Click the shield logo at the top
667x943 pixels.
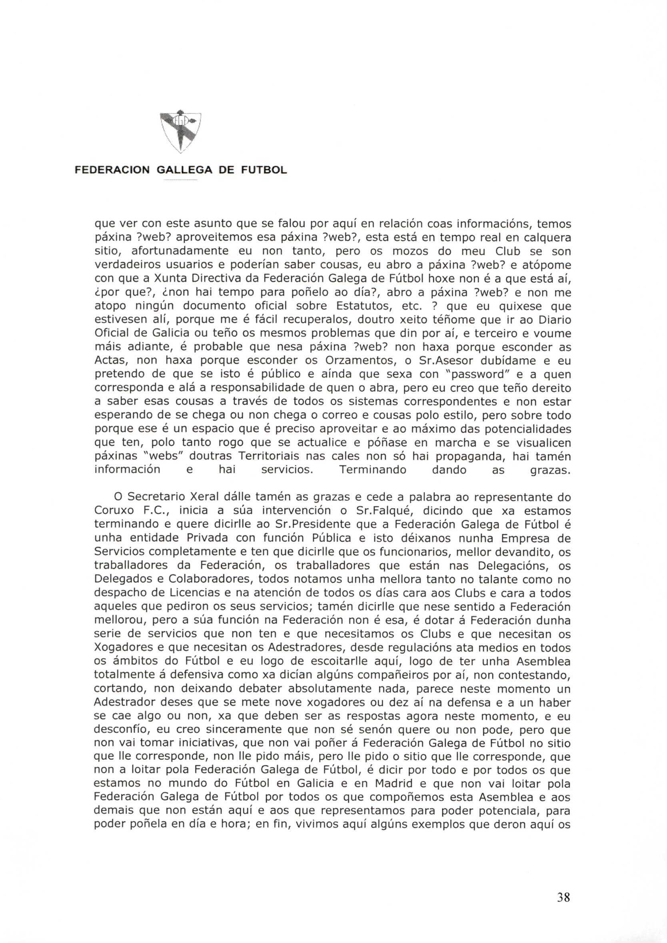click(x=180, y=132)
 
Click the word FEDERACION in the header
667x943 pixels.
click(x=112, y=170)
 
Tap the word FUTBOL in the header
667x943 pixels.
click(x=263, y=170)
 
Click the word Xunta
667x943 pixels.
click(x=170, y=279)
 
